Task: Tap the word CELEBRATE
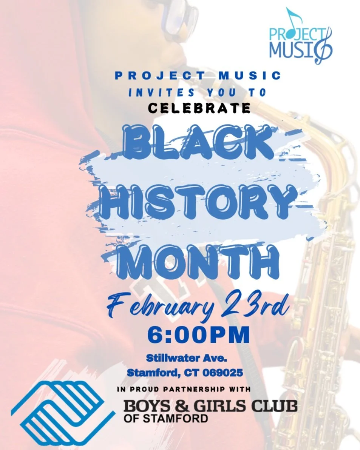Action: click(199, 108)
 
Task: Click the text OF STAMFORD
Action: click(165, 418)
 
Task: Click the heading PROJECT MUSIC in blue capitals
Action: click(198, 75)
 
